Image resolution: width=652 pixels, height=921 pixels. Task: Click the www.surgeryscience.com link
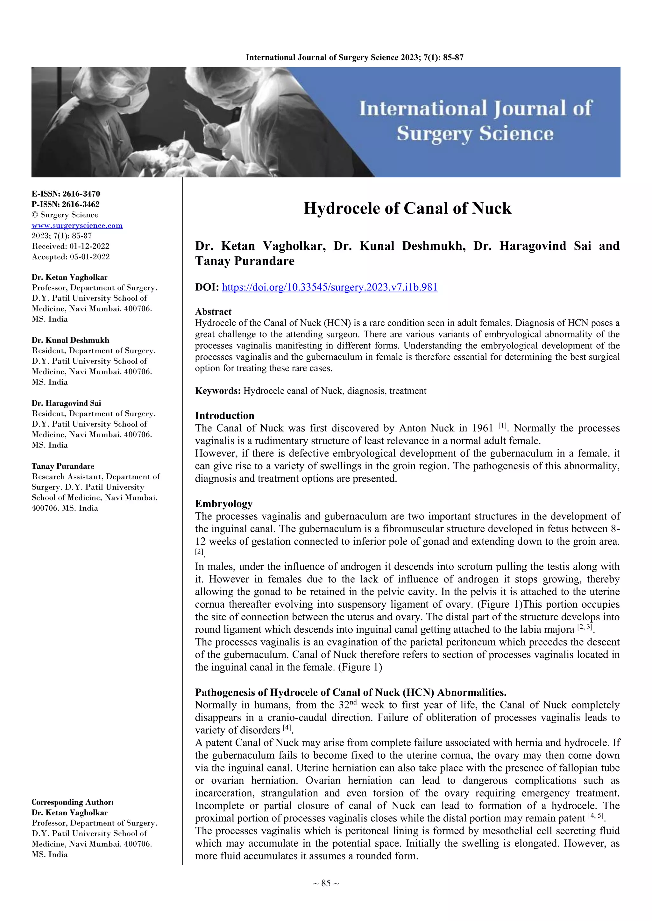pos(77,226)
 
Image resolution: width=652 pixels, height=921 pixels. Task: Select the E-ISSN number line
pos(66,194)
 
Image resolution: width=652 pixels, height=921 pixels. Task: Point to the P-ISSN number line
pos(66,204)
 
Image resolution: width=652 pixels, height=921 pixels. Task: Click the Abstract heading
pos(213,312)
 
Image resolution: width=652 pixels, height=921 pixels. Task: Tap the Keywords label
pos(218,391)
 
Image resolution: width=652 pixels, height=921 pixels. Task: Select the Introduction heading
pos(224,415)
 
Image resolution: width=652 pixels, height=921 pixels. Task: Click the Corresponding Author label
pos(72,802)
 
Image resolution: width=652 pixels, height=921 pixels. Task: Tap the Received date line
pos(70,246)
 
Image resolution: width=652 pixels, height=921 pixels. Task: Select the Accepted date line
pos(70,257)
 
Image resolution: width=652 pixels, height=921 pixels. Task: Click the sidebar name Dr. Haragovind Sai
pos(66,403)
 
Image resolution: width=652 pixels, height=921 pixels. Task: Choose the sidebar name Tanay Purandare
pos(63,466)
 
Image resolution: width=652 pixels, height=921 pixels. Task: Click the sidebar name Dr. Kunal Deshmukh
pos(70,340)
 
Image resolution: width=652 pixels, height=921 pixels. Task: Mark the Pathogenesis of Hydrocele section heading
pos(351,692)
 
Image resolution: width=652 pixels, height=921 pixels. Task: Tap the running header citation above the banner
pos(355,57)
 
